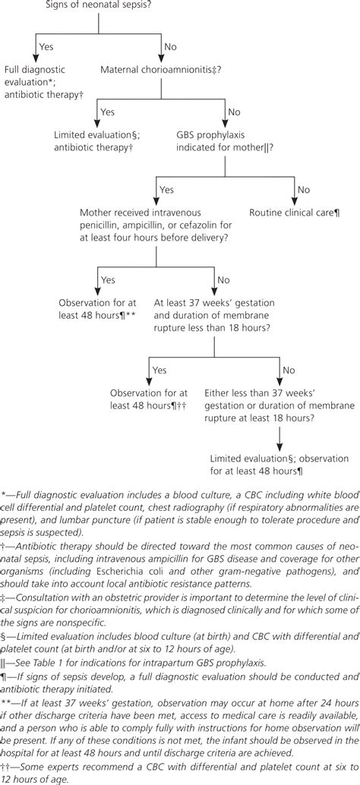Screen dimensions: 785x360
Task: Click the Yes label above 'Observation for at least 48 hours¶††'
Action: (159, 370)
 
